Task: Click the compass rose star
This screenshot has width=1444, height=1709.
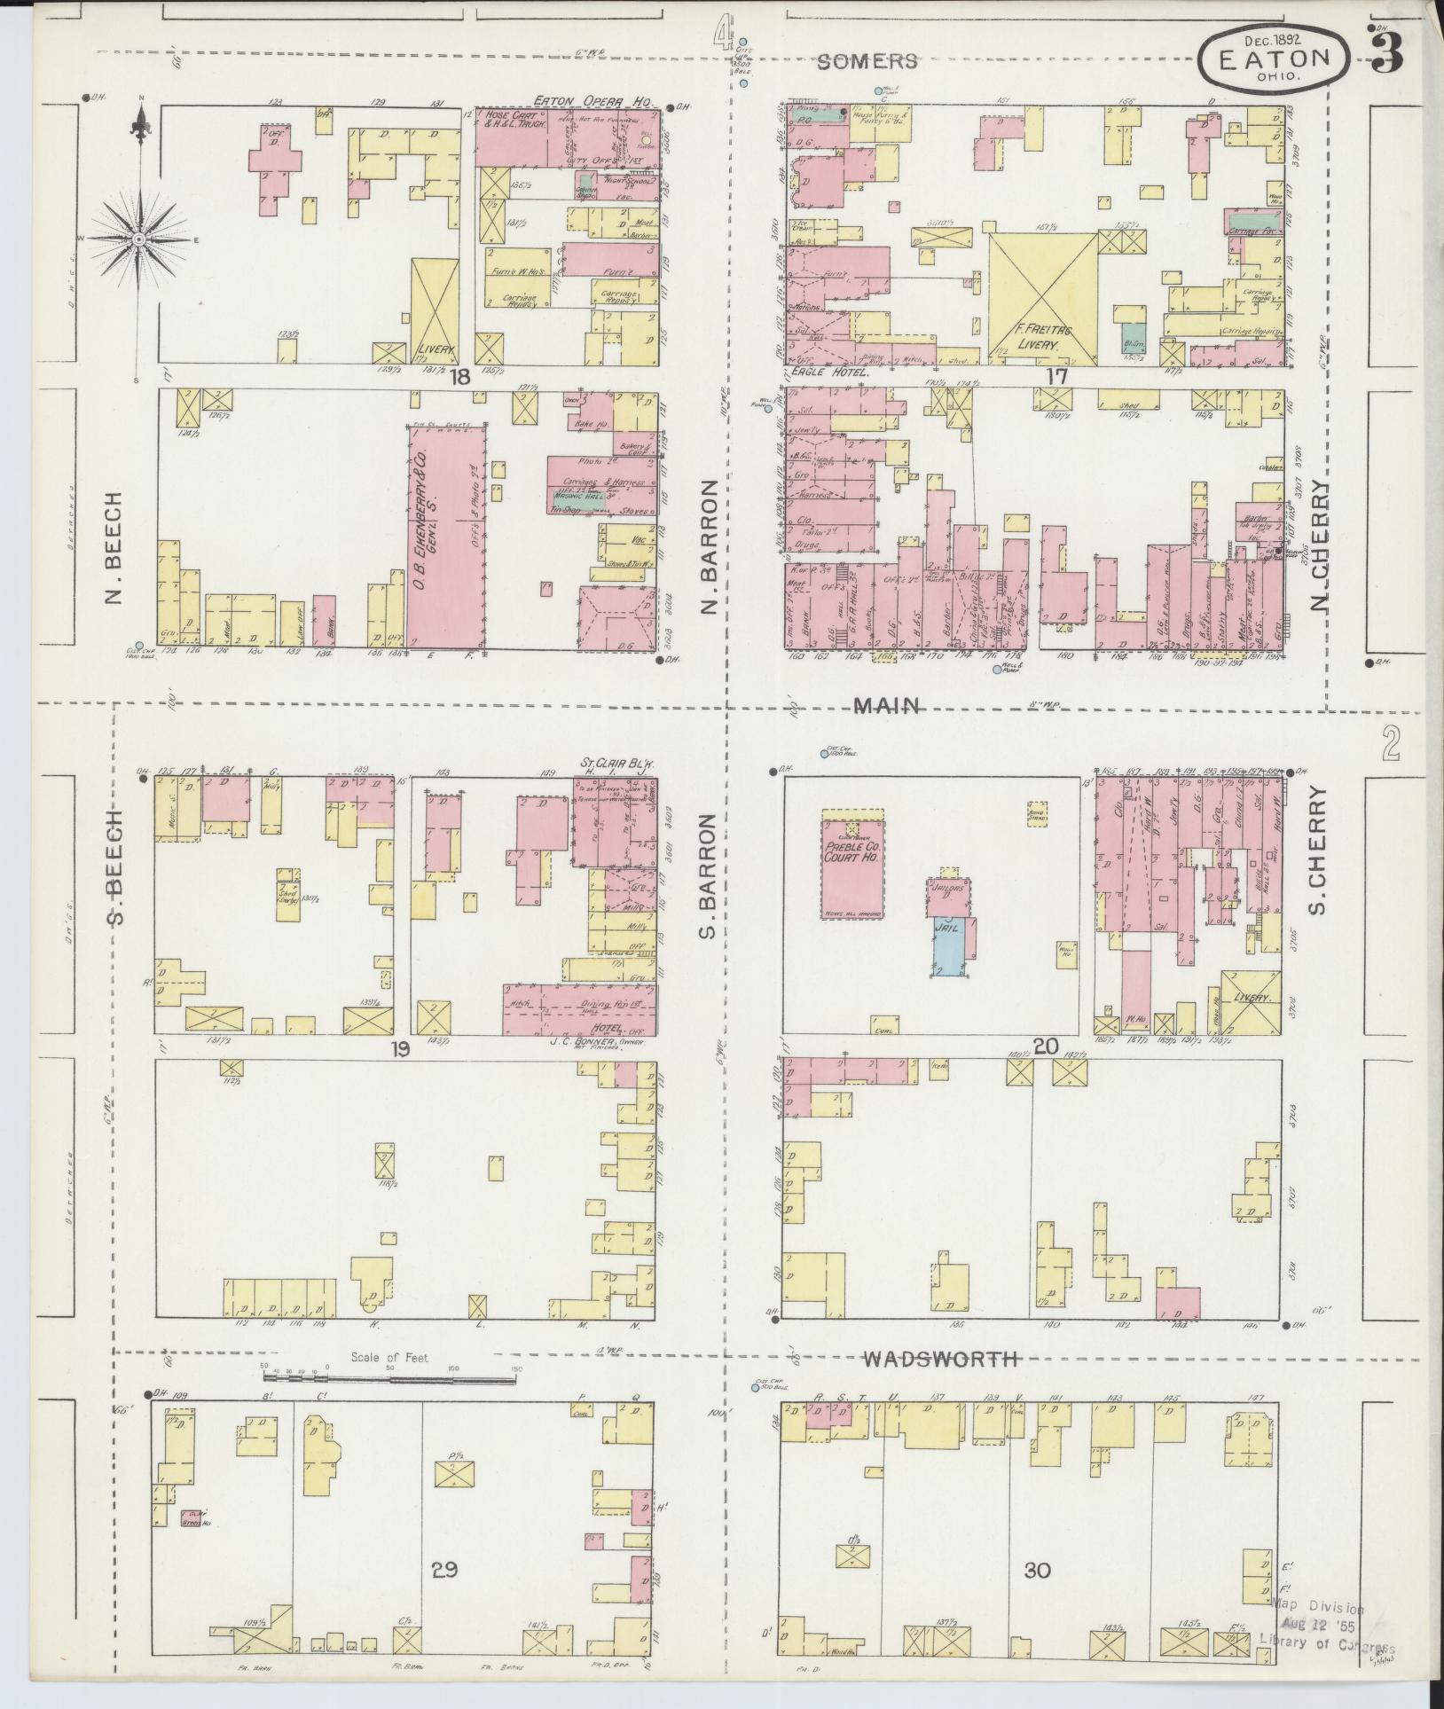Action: [139, 239]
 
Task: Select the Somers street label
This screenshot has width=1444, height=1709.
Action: [867, 62]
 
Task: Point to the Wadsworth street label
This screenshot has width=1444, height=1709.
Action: [940, 1358]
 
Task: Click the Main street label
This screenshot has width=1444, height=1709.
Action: [886, 706]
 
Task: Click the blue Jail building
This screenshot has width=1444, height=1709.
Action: [950, 947]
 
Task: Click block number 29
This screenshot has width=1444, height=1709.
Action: [444, 1571]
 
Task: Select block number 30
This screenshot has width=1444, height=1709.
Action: [1037, 1571]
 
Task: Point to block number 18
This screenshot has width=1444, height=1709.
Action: [459, 377]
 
